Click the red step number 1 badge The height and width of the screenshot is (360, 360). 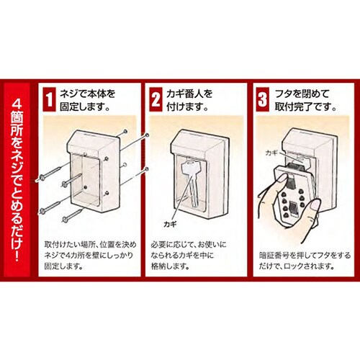50,99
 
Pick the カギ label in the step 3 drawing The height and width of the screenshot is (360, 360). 271,153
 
